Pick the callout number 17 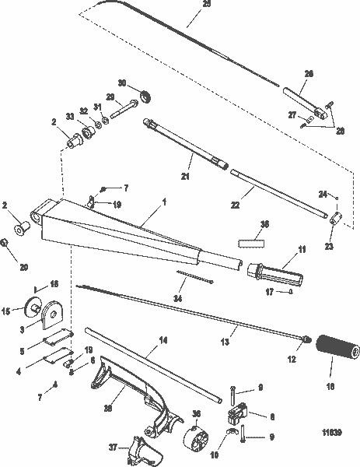click(268, 293)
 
